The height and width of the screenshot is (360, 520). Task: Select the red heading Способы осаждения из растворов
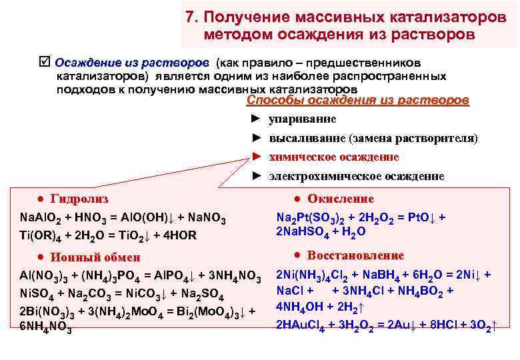[357, 101]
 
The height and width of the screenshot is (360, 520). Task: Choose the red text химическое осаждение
[333, 157]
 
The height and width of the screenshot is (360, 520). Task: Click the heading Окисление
[341, 199]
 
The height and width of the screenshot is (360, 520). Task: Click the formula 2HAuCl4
[300, 325]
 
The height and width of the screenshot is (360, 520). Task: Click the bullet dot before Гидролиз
[41, 199]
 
